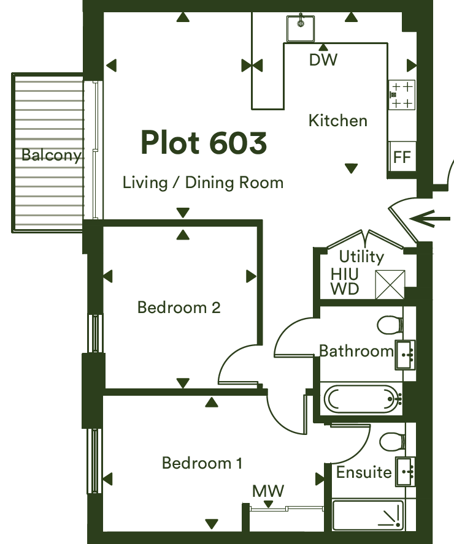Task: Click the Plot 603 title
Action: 204,142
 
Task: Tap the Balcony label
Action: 52,155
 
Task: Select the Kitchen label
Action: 338,121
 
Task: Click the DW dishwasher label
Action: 323,59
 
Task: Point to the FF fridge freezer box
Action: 402,156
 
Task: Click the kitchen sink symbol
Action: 301,28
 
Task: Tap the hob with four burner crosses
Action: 402,95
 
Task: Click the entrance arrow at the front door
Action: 429,219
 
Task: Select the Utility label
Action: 361,257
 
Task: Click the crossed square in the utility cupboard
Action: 390,284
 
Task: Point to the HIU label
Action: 345,274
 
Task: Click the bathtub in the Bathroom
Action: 361,399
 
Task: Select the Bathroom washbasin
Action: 405,355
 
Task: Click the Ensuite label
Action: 364,472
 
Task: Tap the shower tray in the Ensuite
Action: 368,515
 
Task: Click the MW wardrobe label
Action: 268,491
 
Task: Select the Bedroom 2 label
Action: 179,308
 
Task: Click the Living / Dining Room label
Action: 203,183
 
